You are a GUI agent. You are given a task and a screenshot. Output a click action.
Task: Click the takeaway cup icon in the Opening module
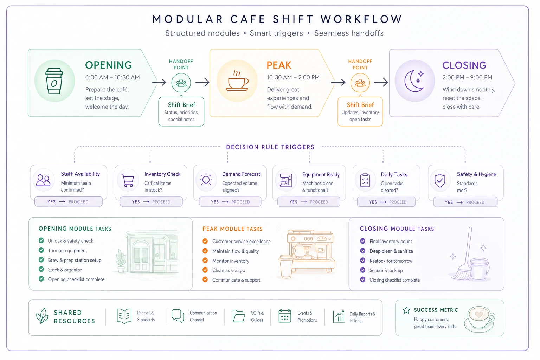54,81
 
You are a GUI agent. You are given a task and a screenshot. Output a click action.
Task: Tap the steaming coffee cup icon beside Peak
237,81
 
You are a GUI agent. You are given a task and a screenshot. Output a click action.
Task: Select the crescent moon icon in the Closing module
414,81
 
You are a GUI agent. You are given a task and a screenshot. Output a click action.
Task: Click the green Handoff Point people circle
181,83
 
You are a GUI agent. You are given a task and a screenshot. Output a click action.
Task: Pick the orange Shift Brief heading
360,105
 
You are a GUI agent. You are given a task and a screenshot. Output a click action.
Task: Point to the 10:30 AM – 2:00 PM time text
293,77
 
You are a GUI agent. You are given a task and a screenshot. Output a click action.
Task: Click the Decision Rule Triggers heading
270,147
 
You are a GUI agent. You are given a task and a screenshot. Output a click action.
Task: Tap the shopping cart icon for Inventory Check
128,180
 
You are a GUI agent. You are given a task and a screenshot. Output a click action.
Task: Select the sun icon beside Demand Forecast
206,180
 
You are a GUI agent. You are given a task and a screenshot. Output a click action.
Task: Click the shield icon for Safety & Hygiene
440,180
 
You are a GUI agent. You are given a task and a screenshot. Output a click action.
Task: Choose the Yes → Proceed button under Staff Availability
69,201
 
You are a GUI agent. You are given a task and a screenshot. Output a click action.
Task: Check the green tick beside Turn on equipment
41,250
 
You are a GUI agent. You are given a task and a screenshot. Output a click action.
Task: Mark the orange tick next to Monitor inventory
205,261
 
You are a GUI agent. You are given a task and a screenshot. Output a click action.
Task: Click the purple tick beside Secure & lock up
362,270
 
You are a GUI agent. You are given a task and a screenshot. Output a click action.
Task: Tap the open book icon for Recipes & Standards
124,316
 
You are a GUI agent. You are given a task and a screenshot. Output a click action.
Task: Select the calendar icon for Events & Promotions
285,316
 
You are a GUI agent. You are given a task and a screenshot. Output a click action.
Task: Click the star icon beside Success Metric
406,310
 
